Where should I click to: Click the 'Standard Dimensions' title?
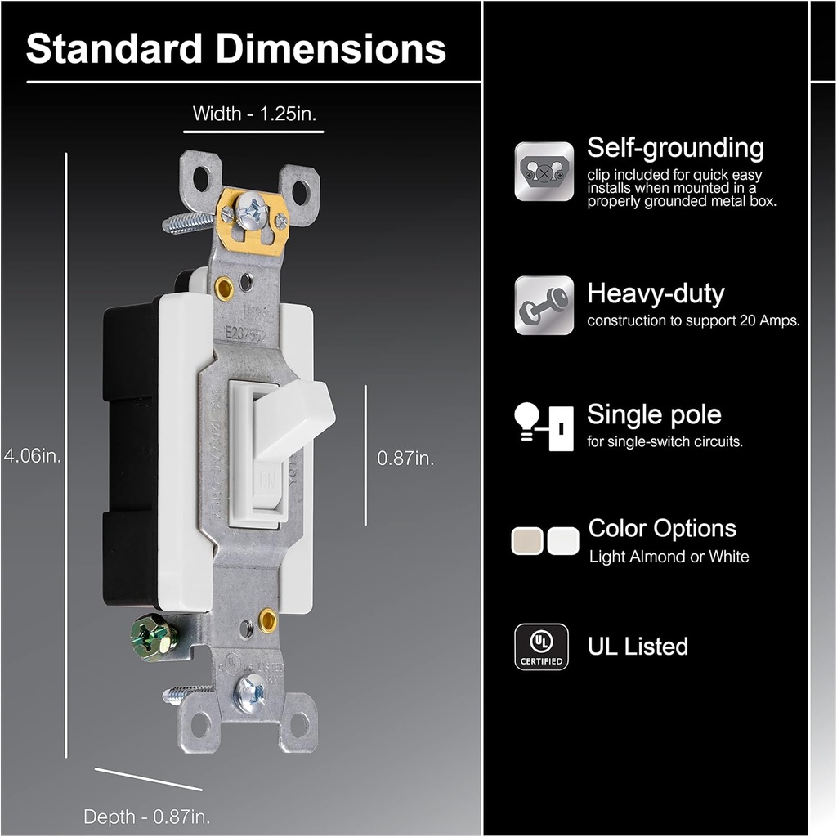pyautogui.click(x=236, y=48)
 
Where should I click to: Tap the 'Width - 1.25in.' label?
pyautogui.click(x=253, y=114)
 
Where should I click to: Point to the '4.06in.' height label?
pyautogui.click(x=33, y=456)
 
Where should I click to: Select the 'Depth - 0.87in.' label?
pyautogui.click(x=147, y=815)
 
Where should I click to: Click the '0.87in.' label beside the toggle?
pyautogui.click(x=405, y=458)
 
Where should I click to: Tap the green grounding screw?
pyautogui.click(x=153, y=637)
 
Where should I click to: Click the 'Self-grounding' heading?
pyautogui.click(x=675, y=148)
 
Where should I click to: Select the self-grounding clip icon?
pyautogui.click(x=544, y=172)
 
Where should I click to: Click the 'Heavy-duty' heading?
pyautogui.click(x=656, y=293)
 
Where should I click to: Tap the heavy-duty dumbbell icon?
pyautogui.click(x=544, y=305)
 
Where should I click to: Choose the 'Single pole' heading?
pyautogui.click(x=654, y=414)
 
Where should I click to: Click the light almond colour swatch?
pyautogui.click(x=526, y=541)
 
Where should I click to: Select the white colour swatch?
pyautogui.click(x=563, y=541)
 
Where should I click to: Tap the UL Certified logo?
pyautogui.click(x=541, y=647)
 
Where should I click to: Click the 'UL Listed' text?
pyautogui.click(x=638, y=647)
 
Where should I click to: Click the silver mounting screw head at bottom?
pyautogui.click(x=250, y=693)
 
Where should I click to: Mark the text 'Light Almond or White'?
pyautogui.click(x=669, y=557)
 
